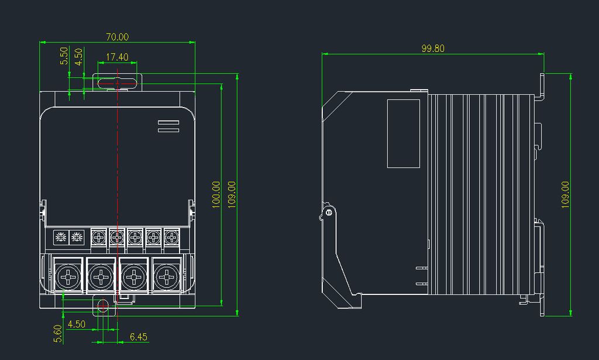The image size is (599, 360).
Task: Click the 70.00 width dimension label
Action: [117, 37]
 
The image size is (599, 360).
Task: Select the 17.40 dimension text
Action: [117, 57]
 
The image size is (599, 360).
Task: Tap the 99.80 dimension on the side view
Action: [433, 49]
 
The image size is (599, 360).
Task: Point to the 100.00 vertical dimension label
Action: [216, 195]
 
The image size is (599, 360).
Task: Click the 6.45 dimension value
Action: [138, 337]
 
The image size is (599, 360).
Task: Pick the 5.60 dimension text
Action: [58, 334]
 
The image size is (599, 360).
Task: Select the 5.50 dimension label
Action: [64, 56]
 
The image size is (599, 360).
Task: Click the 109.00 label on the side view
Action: [566, 195]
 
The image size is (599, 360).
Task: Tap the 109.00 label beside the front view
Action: [232, 195]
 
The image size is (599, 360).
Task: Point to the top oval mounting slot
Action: [117, 83]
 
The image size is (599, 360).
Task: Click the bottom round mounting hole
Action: [102, 306]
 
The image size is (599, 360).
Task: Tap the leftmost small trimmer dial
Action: [61, 238]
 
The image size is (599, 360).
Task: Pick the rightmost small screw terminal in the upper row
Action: [171, 238]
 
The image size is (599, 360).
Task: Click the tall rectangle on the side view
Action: [404, 134]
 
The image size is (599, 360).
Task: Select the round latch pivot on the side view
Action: [329, 212]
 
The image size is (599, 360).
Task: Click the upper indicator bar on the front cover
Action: [168, 122]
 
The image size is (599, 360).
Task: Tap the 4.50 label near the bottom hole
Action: [76, 324]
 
